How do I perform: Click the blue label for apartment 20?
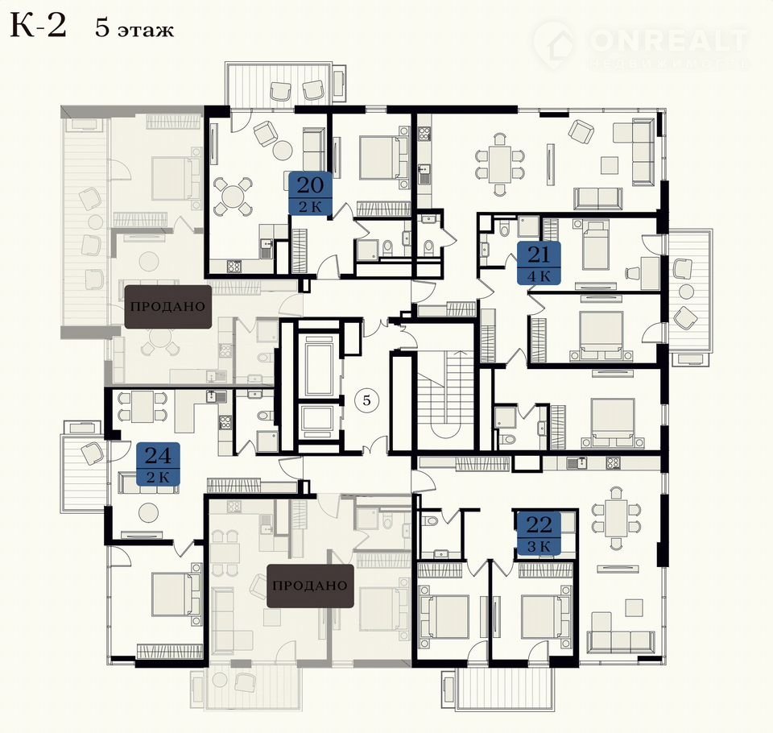[x=310, y=193]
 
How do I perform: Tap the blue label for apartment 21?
[x=539, y=263]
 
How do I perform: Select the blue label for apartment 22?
[x=539, y=533]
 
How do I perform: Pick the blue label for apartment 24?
[x=158, y=464]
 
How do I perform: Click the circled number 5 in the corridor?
[x=366, y=400]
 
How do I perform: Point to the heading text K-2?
[x=38, y=26]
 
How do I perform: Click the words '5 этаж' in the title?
[x=134, y=29]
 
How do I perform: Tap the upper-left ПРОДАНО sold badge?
[x=167, y=306]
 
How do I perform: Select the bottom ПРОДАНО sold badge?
[x=310, y=586]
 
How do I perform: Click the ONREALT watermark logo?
[x=641, y=45]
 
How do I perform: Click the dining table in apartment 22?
[x=616, y=518]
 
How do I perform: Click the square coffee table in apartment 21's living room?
[x=610, y=165]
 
